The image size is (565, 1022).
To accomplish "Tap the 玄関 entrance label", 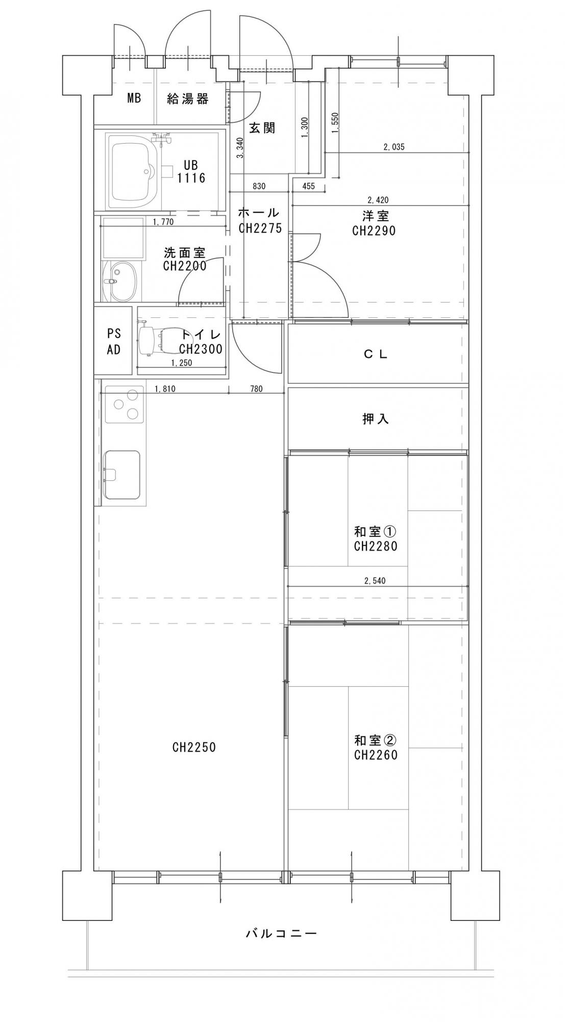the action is coord(262,128).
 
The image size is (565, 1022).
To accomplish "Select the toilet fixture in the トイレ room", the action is coord(158,339).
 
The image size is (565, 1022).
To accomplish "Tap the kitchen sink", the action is coord(121,475).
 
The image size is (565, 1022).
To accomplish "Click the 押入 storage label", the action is coord(376,419).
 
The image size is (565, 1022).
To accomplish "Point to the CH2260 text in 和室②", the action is coord(376,755).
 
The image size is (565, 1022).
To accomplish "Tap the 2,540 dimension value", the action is coord(375,581).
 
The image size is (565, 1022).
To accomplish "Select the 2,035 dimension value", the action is coord(394,147).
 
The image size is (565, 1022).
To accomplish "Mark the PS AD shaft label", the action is coord(114,342).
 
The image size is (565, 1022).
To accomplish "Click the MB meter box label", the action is coord(134,99).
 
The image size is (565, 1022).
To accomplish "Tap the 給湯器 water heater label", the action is coord(188,99).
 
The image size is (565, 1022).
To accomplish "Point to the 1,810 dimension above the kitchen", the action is coord(165,389).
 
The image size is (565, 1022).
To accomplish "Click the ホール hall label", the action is coord(259,213).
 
